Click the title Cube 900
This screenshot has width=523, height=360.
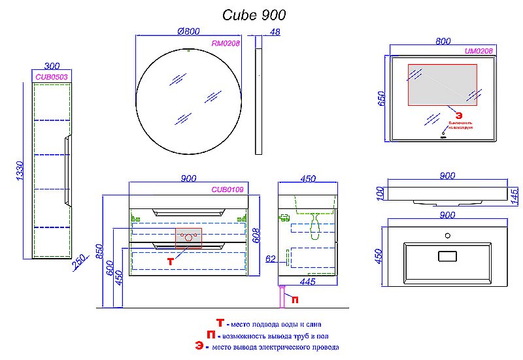[x=254, y=14]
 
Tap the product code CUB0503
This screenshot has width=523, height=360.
[x=52, y=76]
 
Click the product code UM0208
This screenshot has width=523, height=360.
[x=479, y=51]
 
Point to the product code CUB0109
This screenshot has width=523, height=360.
[x=227, y=189]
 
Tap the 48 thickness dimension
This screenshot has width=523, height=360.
[x=275, y=31]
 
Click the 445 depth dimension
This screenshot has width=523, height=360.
[x=307, y=282]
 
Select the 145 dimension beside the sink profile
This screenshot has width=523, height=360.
[x=515, y=194]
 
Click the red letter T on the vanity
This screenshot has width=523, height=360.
[x=170, y=261]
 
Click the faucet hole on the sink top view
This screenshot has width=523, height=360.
[x=447, y=235]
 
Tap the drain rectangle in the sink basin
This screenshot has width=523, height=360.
[x=447, y=255]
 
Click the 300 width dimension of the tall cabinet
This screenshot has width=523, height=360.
[x=52, y=65]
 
